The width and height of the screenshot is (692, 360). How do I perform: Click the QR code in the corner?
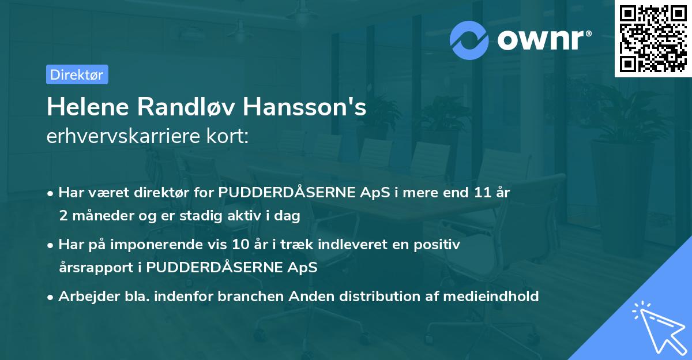point(653,38)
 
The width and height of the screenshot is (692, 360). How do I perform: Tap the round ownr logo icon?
point(469,40)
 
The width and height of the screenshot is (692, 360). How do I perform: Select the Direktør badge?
point(77,74)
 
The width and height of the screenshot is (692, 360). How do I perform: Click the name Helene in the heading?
point(85,107)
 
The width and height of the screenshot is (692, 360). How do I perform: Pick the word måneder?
point(103,215)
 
